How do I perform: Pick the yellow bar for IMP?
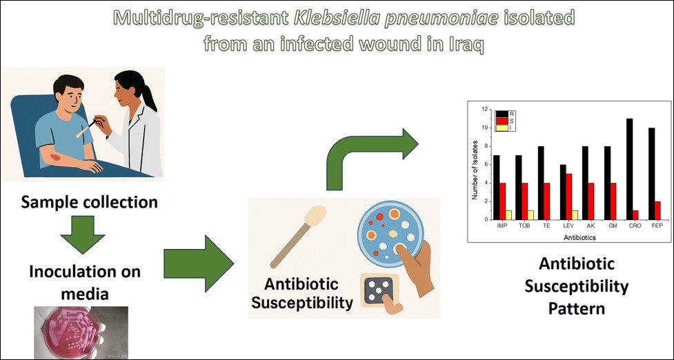pyautogui.click(x=508, y=214)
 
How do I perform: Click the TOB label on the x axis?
pyautogui.click(x=525, y=226)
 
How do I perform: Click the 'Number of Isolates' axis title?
pyautogui.click(x=475, y=165)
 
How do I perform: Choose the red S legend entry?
pyautogui.click(x=502, y=121)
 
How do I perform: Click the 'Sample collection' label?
pyautogui.click(x=89, y=202)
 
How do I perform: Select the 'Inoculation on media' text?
pyautogui.click(x=85, y=282)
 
